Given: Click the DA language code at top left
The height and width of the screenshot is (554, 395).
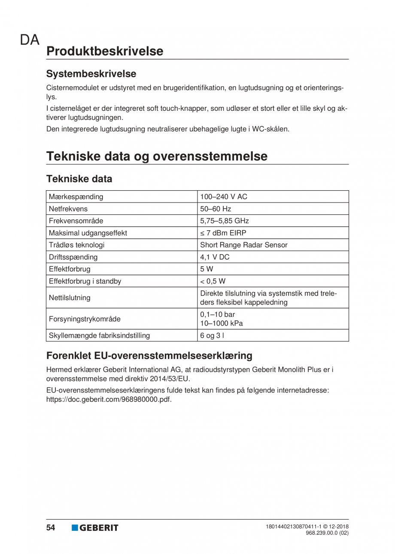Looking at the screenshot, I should coord(29,40).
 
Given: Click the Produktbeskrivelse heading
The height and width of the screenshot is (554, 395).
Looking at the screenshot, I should coord(105,51).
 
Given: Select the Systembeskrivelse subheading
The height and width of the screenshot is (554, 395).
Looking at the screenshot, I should coord(91,73).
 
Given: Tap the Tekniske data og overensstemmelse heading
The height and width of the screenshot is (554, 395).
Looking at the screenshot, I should coord(157,156).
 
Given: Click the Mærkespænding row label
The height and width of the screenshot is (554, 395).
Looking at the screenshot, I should coord(76,197).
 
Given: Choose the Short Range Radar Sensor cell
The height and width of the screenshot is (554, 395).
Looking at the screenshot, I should coord(244,245).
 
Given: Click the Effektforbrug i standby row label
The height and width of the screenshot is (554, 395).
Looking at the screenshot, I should coord(85,281).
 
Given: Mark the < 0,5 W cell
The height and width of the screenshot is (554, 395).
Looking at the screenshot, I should coord(213,281).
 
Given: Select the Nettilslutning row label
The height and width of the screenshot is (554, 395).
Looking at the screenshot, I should coord(70,297).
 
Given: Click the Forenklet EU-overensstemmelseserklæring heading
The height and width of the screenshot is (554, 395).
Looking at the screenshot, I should coord(149,356).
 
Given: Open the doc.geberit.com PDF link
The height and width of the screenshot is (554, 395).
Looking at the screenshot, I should coord(109,399).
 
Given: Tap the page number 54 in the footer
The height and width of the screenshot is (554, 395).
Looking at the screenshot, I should coord(51,528).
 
